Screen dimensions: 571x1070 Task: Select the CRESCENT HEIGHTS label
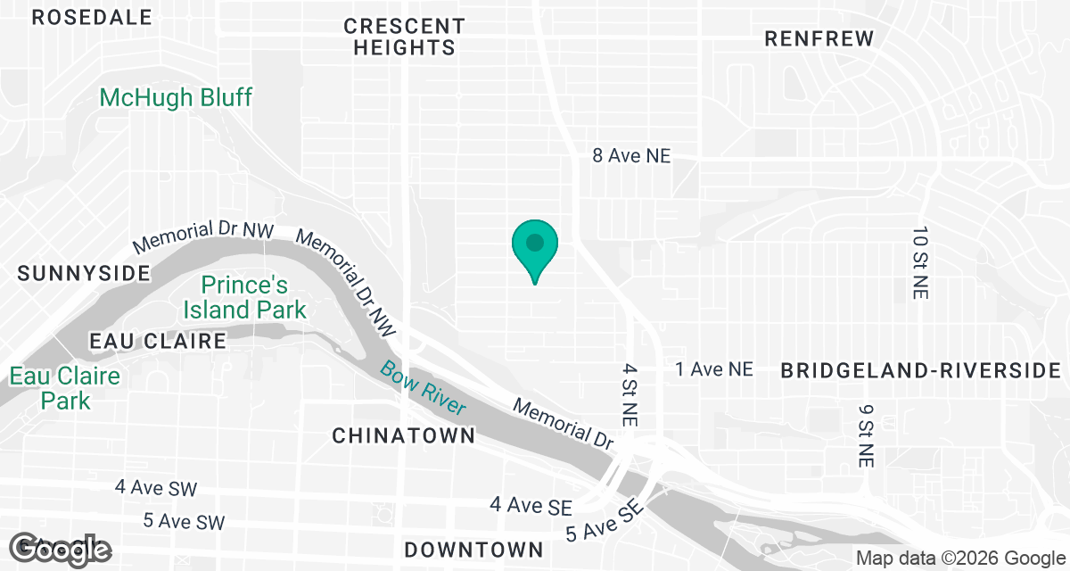point(404,37)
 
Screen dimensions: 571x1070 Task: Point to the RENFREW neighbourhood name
point(819,38)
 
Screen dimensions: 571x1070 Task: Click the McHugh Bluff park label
point(176,97)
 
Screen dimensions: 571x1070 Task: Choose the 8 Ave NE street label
point(631,155)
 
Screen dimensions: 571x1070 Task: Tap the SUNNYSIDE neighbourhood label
point(84,273)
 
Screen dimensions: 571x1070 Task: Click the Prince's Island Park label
point(244,298)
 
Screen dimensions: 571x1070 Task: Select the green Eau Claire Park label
point(65,388)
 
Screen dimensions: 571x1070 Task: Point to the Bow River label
point(424,387)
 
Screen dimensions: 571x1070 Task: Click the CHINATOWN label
point(403,435)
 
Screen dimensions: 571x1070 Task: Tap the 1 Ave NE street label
point(714,369)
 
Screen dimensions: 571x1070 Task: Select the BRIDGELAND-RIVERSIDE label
point(922,371)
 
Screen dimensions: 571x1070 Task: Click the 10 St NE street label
point(920,262)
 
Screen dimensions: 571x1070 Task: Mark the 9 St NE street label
point(866,434)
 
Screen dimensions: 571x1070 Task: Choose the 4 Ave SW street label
point(156,488)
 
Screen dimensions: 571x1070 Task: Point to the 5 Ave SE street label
point(605,521)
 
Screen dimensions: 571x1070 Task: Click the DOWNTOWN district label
point(473,548)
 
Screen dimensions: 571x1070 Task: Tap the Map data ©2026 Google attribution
point(959,559)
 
